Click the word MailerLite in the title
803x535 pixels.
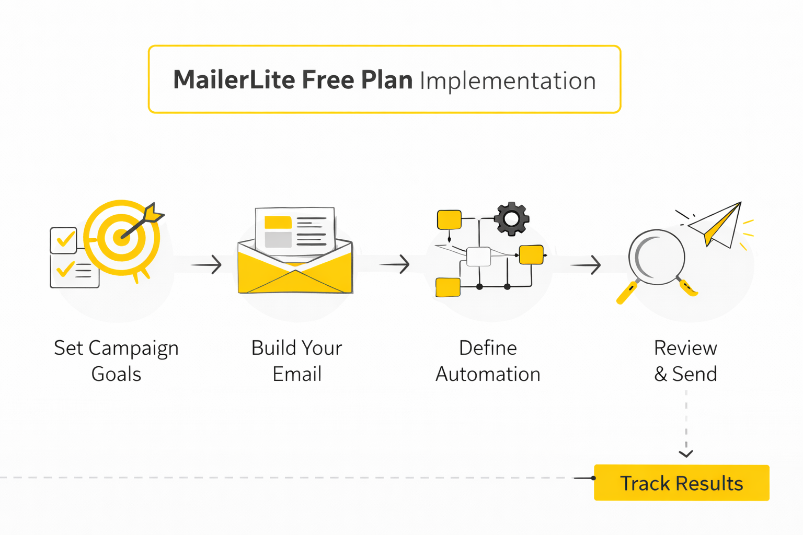(234, 79)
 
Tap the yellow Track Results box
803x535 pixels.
(682, 482)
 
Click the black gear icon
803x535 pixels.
(512, 218)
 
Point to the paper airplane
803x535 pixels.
(715, 226)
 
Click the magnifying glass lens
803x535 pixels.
(657, 257)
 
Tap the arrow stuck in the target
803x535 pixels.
(143, 220)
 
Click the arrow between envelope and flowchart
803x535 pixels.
(394, 264)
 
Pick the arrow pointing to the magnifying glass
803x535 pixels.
(586, 265)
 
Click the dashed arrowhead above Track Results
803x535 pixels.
(686, 454)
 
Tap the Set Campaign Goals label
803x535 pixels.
(116, 361)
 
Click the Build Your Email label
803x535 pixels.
(297, 361)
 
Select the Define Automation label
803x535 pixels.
(488, 361)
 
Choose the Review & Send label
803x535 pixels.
(685, 361)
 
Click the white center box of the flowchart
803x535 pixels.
(478, 257)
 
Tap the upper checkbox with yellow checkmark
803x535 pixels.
(64, 240)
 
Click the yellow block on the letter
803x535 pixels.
(278, 222)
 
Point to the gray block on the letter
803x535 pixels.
(278, 240)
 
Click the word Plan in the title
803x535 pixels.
(387, 79)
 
